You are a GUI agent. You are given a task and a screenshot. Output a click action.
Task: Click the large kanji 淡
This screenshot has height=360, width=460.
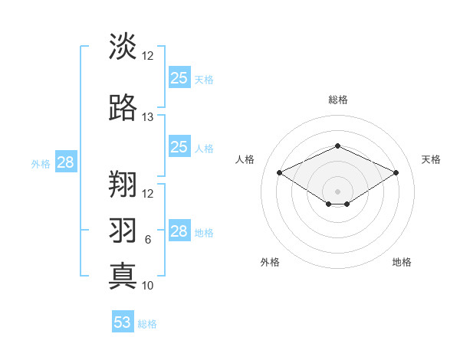pyautogui.click(x=123, y=47)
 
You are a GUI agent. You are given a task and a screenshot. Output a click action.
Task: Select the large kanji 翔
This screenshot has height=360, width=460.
pyautogui.click(x=123, y=184)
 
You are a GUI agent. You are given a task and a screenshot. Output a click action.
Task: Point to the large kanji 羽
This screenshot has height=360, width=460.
pyautogui.click(x=123, y=231)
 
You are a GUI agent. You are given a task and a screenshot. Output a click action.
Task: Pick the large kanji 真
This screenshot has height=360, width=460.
pyautogui.click(x=123, y=276)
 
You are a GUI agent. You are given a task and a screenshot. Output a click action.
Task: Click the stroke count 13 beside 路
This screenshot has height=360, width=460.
pyautogui.click(x=148, y=117)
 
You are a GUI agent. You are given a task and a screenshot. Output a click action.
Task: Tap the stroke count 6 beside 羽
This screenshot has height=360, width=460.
pyautogui.click(x=148, y=240)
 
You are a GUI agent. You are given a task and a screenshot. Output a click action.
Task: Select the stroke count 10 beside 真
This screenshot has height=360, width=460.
pyautogui.click(x=148, y=286)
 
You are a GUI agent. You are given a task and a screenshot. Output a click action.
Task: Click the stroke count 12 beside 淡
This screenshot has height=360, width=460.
pyautogui.click(x=148, y=56)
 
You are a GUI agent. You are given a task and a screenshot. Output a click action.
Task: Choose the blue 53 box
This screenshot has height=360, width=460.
pyautogui.click(x=123, y=322)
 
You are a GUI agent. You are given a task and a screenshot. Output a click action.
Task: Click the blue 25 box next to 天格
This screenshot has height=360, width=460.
pyautogui.click(x=179, y=77)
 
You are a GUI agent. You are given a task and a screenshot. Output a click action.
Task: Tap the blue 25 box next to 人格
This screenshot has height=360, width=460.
pyautogui.click(x=179, y=147)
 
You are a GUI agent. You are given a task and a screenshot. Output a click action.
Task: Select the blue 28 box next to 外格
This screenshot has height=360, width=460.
pyautogui.click(x=65, y=162)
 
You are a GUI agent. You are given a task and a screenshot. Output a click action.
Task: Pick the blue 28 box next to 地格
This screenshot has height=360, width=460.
pyautogui.click(x=179, y=231)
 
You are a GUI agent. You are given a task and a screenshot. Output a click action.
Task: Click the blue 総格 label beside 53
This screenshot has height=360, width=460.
pyautogui.click(x=148, y=324)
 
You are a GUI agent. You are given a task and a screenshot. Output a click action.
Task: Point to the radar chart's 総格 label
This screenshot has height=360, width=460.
pyautogui.click(x=337, y=100)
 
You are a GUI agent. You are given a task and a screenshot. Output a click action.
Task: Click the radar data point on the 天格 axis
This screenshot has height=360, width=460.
pyautogui.click(x=396, y=172)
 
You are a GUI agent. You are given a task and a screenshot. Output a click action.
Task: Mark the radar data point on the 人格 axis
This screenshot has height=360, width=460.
pyautogui.click(x=280, y=172)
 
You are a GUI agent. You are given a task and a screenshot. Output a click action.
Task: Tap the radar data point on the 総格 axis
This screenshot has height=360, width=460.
pyautogui.click(x=337, y=146)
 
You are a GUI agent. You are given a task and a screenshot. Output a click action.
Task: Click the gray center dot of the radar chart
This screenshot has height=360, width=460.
pyautogui.click(x=337, y=191)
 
